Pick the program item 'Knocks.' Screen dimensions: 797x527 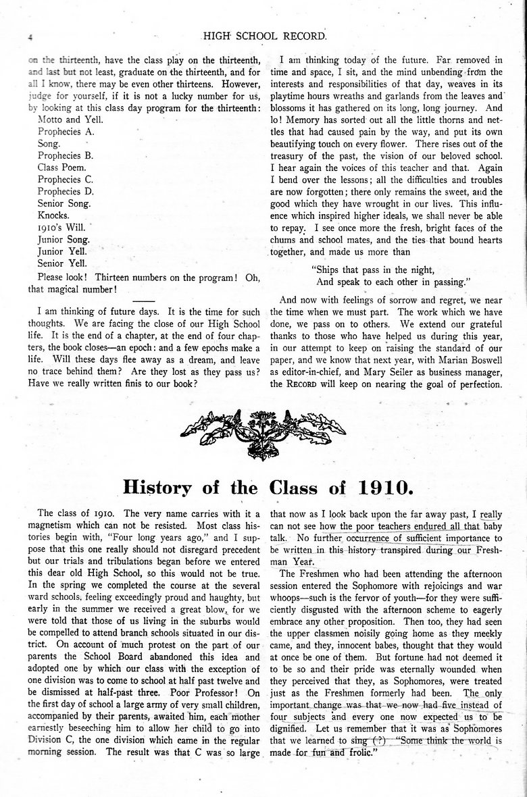point(54,215)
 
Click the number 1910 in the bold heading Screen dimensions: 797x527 point(375,487)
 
